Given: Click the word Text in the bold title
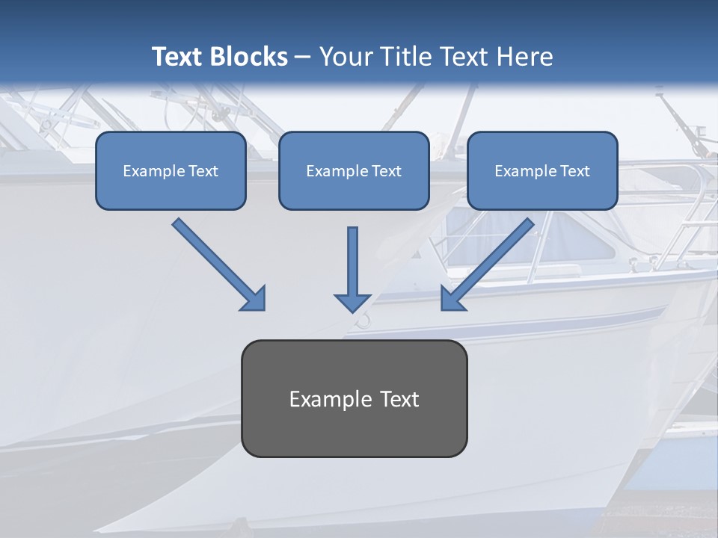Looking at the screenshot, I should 177,57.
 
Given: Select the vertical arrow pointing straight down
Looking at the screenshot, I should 352,265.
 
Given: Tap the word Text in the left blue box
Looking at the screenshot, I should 203,171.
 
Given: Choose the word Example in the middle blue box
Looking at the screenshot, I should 335,171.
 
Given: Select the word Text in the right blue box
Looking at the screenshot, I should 575,171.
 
